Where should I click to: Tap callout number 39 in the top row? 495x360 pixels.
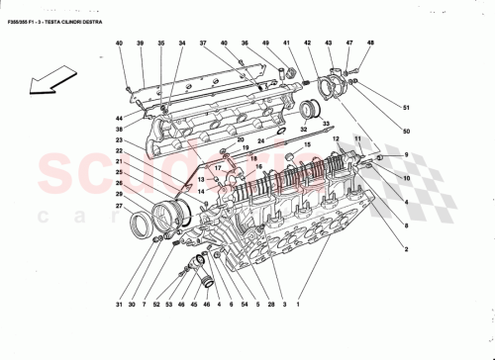point(141,45)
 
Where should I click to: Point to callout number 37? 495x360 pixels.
point(202,45)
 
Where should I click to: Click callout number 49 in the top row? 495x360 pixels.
point(266,45)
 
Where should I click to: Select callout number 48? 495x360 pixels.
point(371,45)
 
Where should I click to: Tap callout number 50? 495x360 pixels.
point(406,130)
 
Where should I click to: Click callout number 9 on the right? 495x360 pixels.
point(406,154)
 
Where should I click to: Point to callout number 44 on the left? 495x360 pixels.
point(118,117)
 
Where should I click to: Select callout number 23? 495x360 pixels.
point(118,140)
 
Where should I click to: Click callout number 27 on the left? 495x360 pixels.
point(118,205)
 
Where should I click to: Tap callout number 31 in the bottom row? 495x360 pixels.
point(118,303)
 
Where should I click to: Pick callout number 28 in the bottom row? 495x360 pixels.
point(268,303)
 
